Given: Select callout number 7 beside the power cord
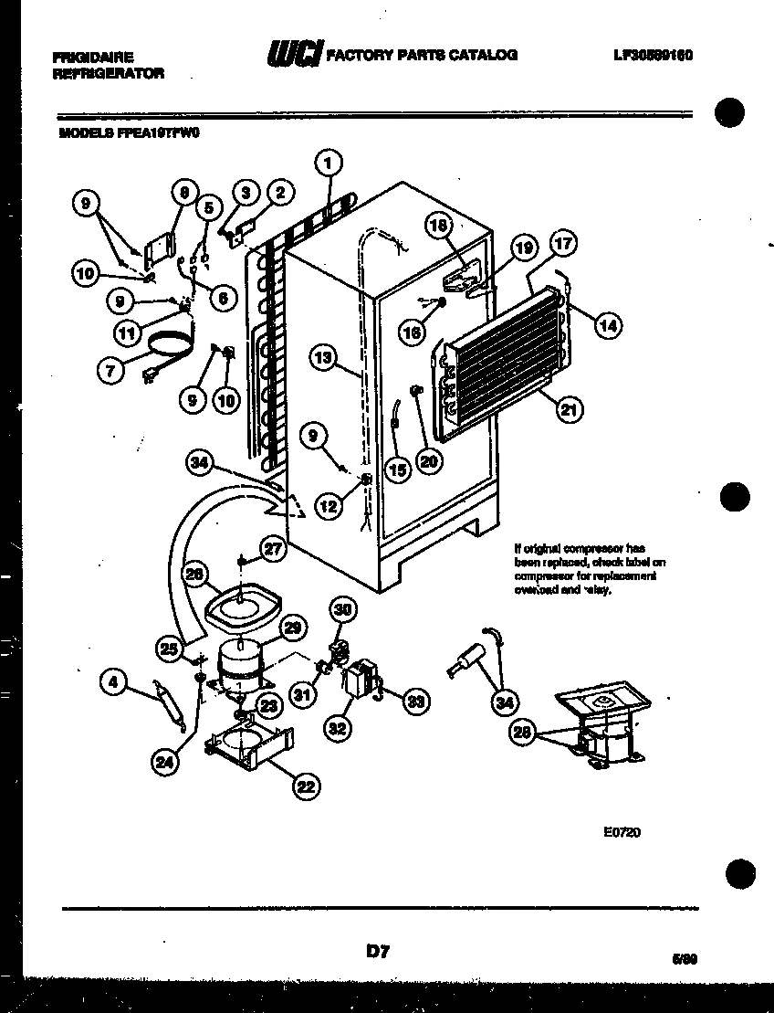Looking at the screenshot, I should [110, 369].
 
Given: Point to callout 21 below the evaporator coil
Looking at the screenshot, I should [570, 410].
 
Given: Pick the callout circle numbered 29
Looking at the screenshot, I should [292, 628].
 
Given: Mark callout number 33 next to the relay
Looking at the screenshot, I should [415, 701].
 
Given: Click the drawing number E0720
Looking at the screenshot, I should [621, 831].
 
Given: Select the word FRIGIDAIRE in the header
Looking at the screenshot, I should [94, 57].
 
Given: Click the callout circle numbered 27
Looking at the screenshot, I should [274, 549].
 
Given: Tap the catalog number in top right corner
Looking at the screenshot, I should [653, 55].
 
